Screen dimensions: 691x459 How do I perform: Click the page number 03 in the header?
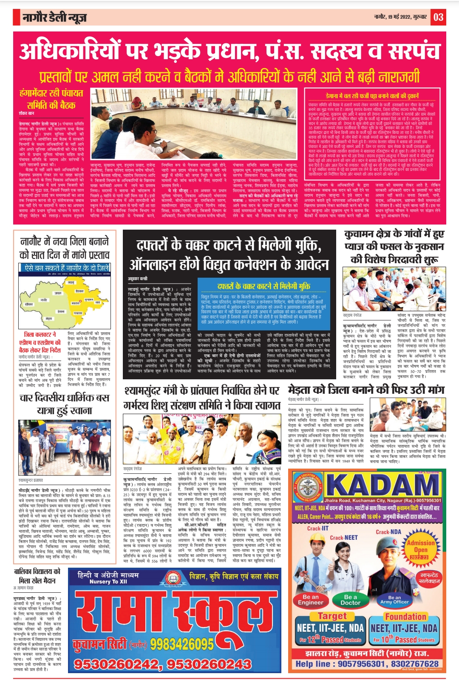pyautogui.click(x=438, y=17)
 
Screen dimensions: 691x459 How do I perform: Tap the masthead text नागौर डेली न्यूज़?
pyautogui.click(x=55, y=17)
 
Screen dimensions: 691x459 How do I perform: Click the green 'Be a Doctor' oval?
pyautogui.click(x=350, y=600)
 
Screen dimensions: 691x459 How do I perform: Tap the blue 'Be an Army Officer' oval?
pyautogui.click(x=394, y=600)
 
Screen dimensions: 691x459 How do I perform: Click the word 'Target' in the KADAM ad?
pyautogui.click(x=332, y=616)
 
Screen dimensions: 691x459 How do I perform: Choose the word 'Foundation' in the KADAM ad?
pyautogui.click(x=405, y=616)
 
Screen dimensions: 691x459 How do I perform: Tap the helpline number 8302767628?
pyautogui.click(x=414, y=664)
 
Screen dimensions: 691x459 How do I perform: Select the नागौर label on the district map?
pyautogui.click(x=44, y=300)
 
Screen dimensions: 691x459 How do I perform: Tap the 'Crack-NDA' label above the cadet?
pyautogui.click(x=388, y=532)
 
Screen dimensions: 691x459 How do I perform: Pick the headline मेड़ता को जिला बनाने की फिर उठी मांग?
pyautogui.click(x=366, y=390)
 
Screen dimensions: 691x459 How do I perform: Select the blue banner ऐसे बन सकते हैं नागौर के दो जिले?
pyautogui.click(x=66, y=268)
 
